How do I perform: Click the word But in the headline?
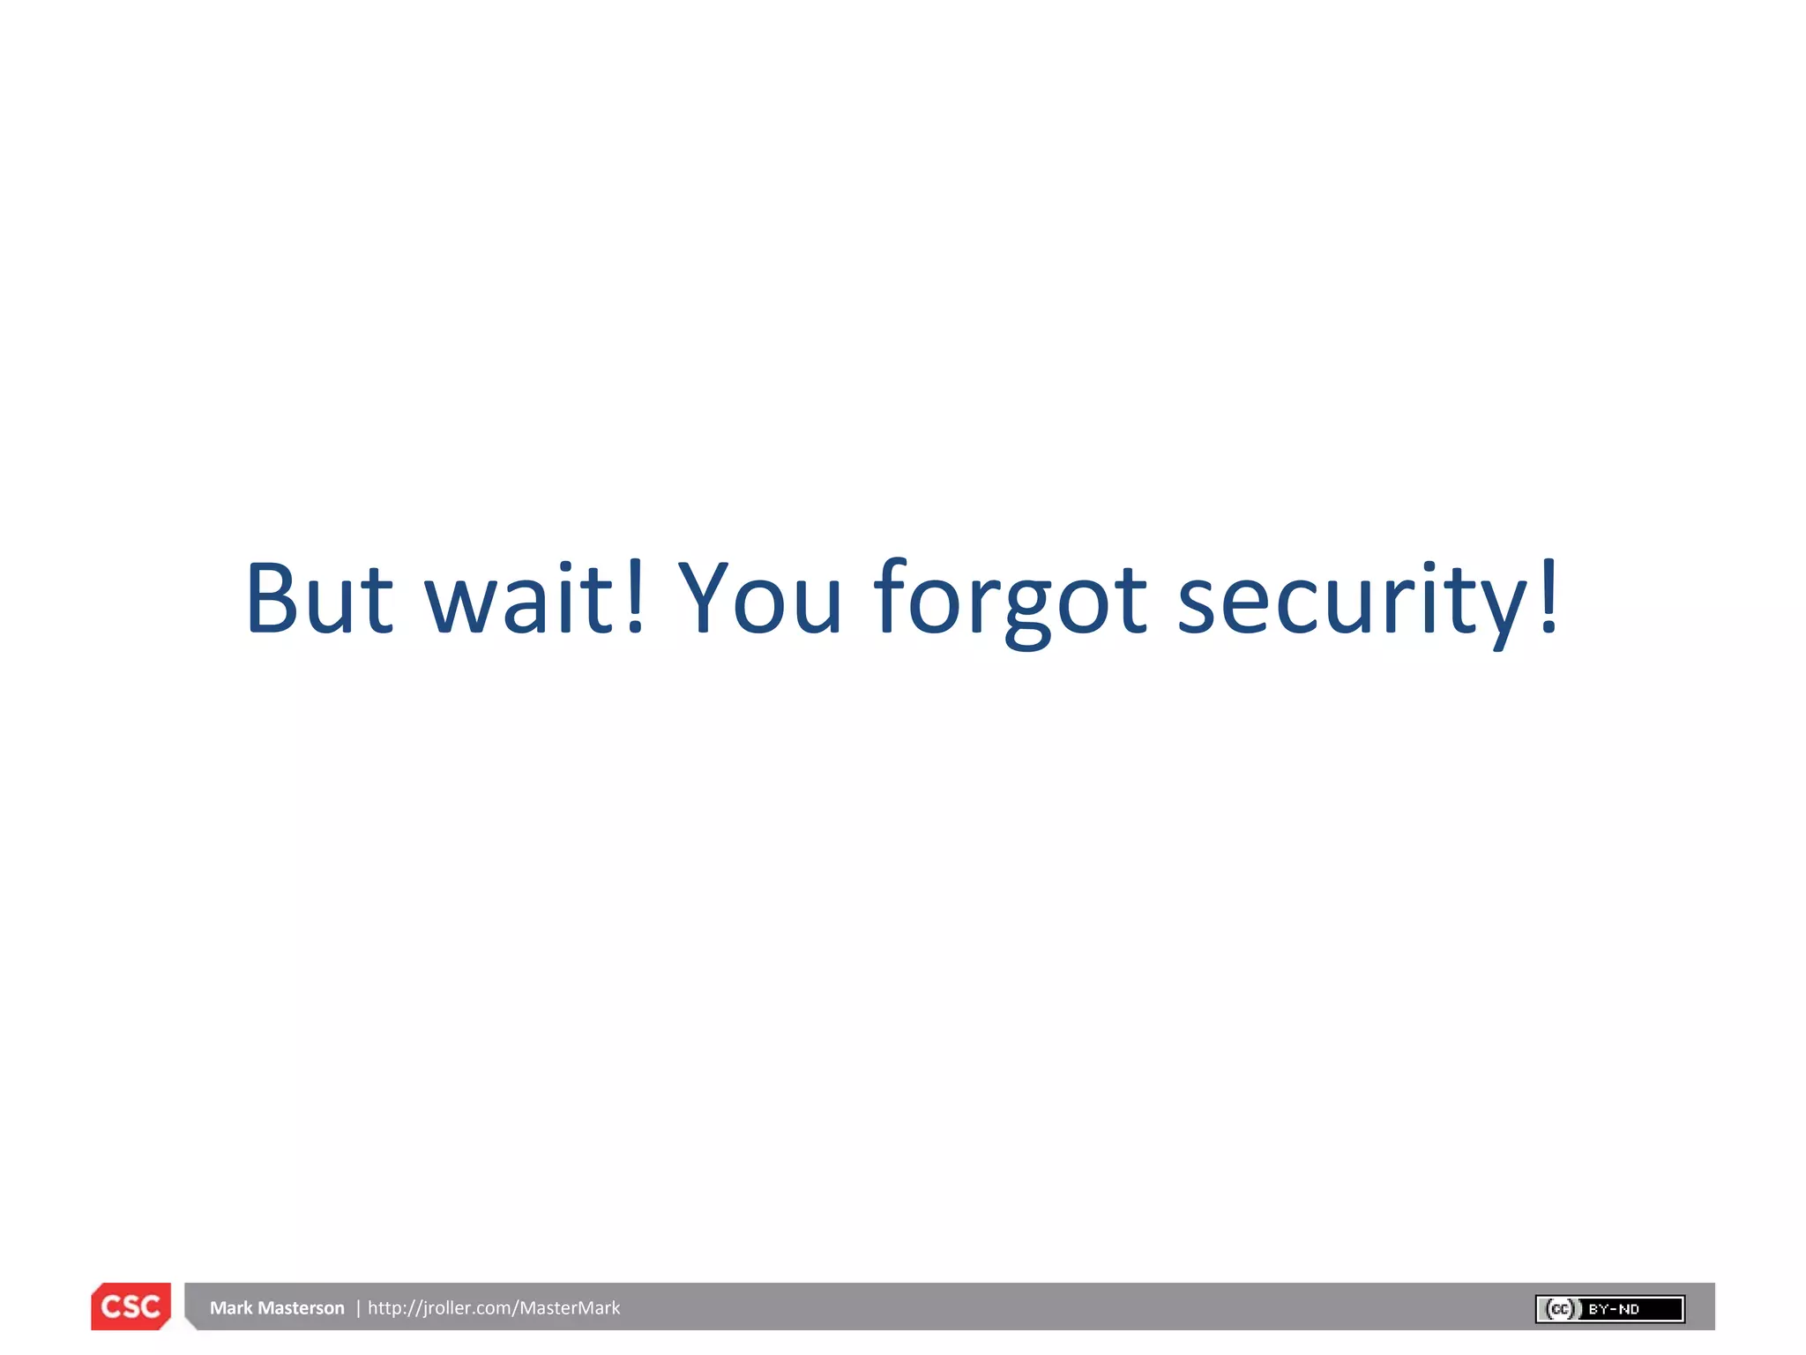tap(318, 599)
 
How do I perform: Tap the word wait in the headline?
tap(520, 599)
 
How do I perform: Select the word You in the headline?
tap(761, 599)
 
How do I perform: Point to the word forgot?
tap(1011, 601)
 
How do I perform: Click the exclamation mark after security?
tap(1549, 596)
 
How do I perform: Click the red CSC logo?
tap(131, 1306)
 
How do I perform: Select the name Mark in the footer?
tap(231, 1308)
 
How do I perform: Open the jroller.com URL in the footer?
tap(493, 1308)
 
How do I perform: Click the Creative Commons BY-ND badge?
tap(1609, 1309)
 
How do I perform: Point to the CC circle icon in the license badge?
tap(1560, 1309)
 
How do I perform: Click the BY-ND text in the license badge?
tap(1614, 1309)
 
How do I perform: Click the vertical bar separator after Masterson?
tap(357, 1308)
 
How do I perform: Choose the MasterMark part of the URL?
tap(570, 1308)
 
